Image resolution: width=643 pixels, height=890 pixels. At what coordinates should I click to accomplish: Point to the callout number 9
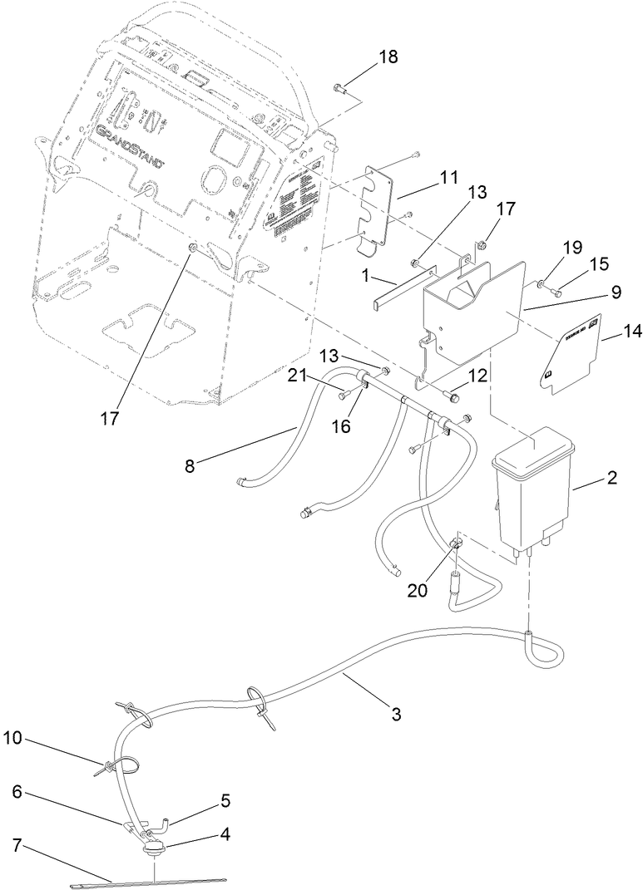[616, 292]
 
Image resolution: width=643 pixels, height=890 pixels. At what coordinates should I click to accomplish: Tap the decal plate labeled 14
[571, 353]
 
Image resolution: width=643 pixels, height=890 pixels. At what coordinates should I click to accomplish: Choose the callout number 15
[599, 263]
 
